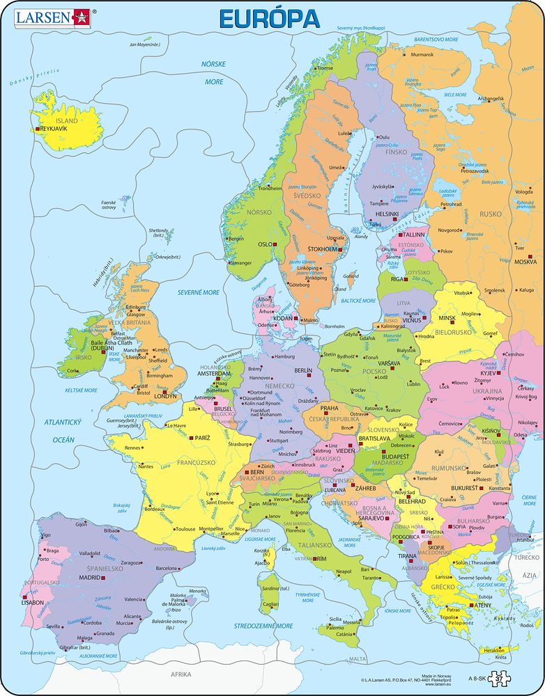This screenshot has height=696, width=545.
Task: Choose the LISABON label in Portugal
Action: tap(33, 602)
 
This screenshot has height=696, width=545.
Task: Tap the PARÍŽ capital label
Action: tap(203, 438)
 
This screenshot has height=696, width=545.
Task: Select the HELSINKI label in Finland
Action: tap(387, 214)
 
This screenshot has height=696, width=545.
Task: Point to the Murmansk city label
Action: tap(422, 54)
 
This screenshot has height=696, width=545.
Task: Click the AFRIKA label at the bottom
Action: tap(181, 674)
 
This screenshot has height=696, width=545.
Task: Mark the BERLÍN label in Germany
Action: tap(304, 371)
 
